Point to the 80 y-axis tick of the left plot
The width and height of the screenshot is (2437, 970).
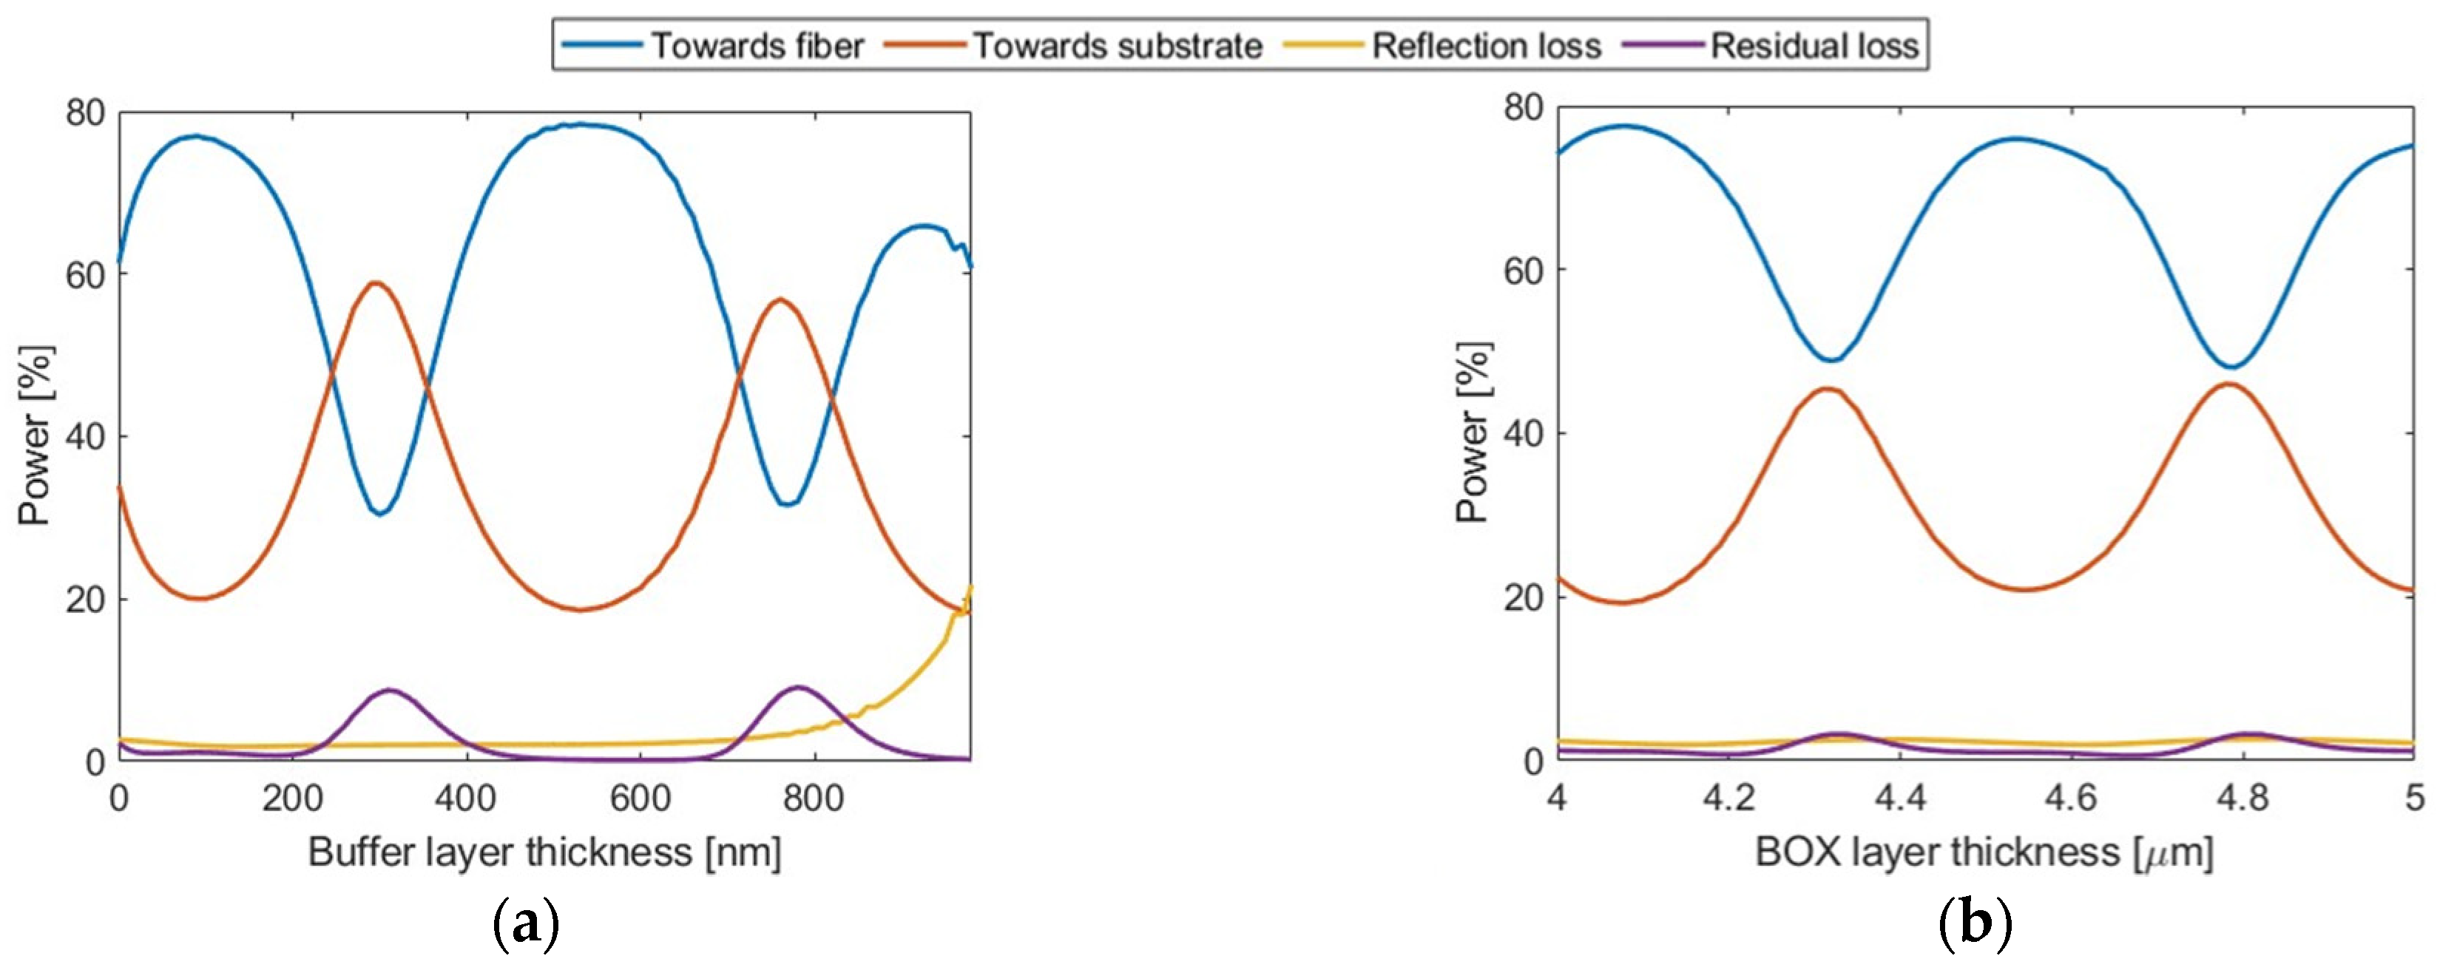(85, 112)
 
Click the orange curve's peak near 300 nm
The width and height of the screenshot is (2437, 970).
(376, 282)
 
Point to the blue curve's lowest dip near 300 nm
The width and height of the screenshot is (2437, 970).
(379, 513)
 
